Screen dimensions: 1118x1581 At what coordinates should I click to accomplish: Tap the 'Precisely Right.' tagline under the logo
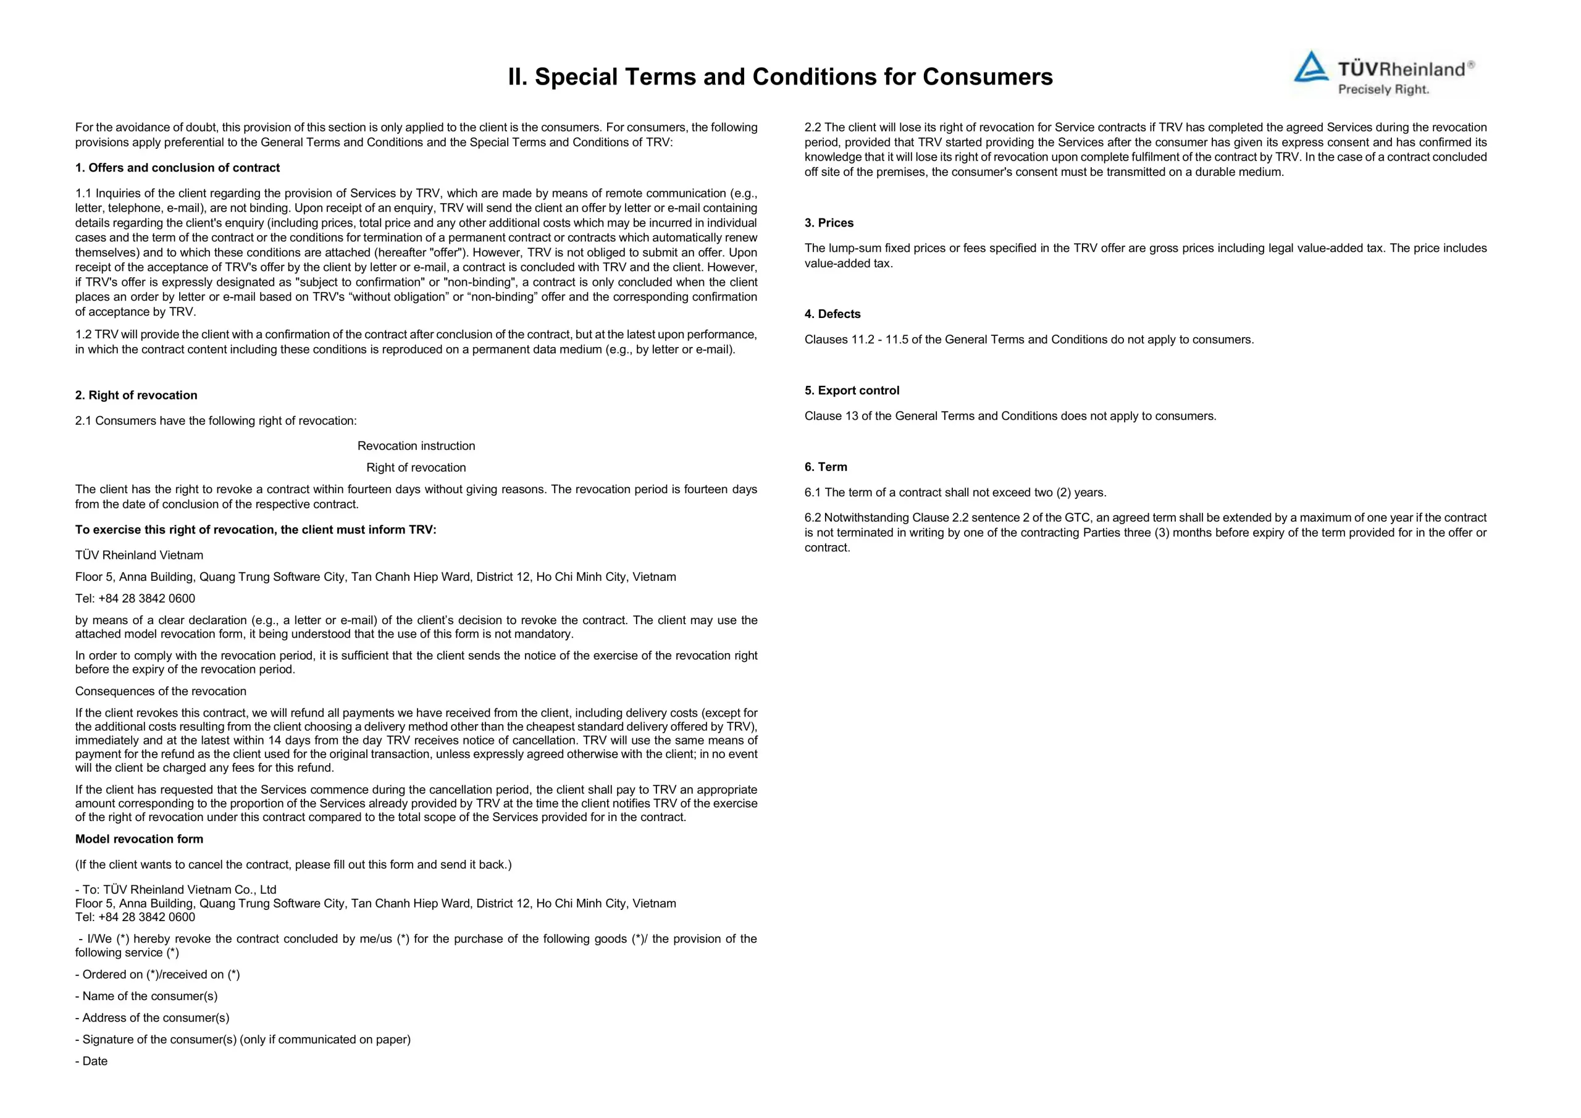click(x=1383, y=90)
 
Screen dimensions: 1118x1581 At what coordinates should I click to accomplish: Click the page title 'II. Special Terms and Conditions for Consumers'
click(x=780, y=77)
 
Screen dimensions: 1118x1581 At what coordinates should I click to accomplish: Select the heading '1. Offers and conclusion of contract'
click(x=177, y=168)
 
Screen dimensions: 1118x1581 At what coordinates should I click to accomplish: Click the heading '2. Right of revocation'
click(x=136, y=395)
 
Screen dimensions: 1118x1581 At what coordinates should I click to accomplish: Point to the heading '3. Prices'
click(x=828, y=223)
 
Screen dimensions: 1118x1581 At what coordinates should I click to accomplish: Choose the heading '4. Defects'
click(x=832, y=314)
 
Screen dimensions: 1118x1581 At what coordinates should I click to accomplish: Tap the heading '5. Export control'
click(x=851, y=390)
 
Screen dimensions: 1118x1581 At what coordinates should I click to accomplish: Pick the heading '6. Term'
click(x=826, y=467)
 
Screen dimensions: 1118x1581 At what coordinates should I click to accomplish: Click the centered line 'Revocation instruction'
click(x=416, y=446)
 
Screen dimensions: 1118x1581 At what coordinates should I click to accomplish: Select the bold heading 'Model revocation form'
click(x=139, y=839)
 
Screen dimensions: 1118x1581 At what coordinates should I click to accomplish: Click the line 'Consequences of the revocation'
click(x=161, y=691)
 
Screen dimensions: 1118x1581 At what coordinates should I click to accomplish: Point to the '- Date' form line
click(x=91, y=1061)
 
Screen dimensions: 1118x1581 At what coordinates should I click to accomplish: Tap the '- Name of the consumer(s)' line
click(x=146, y=996)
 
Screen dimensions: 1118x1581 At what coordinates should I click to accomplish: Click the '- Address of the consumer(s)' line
click(x=152, y=1017)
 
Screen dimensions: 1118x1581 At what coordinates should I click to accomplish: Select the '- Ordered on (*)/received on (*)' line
click(x=157, y=974)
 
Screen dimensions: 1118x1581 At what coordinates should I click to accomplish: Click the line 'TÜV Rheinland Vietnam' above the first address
click(x=139, y=555)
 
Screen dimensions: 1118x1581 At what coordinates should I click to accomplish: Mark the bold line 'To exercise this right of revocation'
click(x=256, y=530)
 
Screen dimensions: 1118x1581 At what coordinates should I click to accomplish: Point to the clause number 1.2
click(x=83, y=335)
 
